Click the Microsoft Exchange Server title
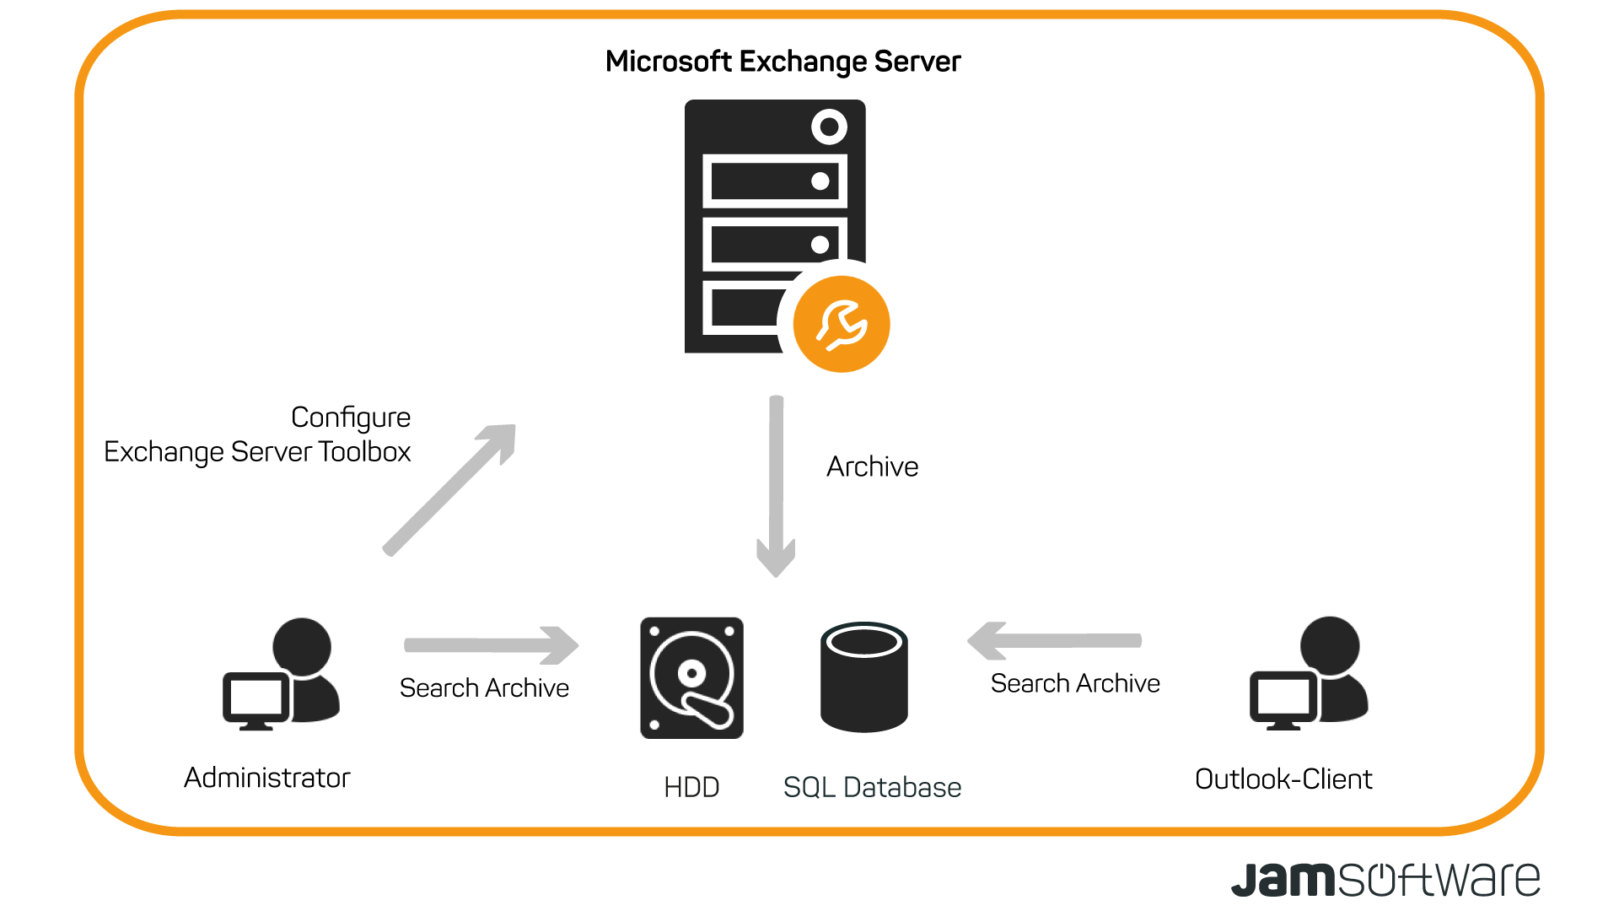pos(783,62)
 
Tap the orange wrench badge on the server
pos(842,324)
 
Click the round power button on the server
pos(829,127)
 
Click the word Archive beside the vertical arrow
pos(872,466)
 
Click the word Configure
pos(350,418)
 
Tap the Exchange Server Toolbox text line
pos(257,452)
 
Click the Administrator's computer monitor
pos(253,698)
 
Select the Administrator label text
pos(266,778)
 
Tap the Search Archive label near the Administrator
pos(484,688)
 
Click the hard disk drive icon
pos(691,678)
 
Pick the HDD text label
pos(691,788)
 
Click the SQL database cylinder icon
pos(863,678)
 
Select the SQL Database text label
pos(872,788)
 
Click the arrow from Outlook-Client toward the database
pos(1054,641)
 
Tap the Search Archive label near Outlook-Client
pos(1075,683)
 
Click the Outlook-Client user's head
pos(1330,645)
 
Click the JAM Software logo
pos(1385,880)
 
